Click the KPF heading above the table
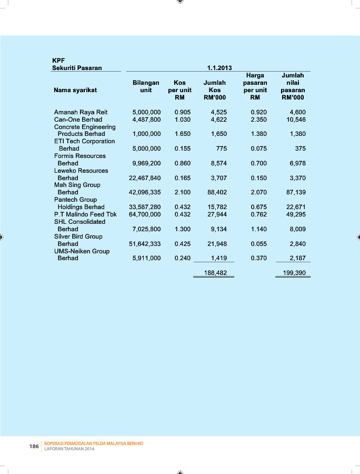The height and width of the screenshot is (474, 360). pos(58,60)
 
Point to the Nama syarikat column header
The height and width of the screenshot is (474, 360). pos(75,90)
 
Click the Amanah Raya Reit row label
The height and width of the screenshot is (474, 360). pos(81,112)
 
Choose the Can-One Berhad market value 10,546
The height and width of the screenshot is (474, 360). pos(295,120)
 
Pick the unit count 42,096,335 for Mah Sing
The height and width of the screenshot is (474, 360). pos(145,192)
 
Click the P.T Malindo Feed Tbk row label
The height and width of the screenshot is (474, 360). pos(85,214)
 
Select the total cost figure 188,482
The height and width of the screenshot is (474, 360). pos(215,273)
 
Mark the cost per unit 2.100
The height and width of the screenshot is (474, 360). pos(183,192)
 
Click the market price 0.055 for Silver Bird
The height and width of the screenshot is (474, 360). pos(259,244)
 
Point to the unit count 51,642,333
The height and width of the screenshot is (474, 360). pos(145,244)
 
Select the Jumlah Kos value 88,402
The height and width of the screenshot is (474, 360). pos(217,192)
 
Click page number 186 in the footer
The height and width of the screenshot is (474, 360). pos(34,446)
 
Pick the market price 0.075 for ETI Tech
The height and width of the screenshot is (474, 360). pos(259,149)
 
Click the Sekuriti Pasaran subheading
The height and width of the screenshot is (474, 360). pos(77,67)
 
